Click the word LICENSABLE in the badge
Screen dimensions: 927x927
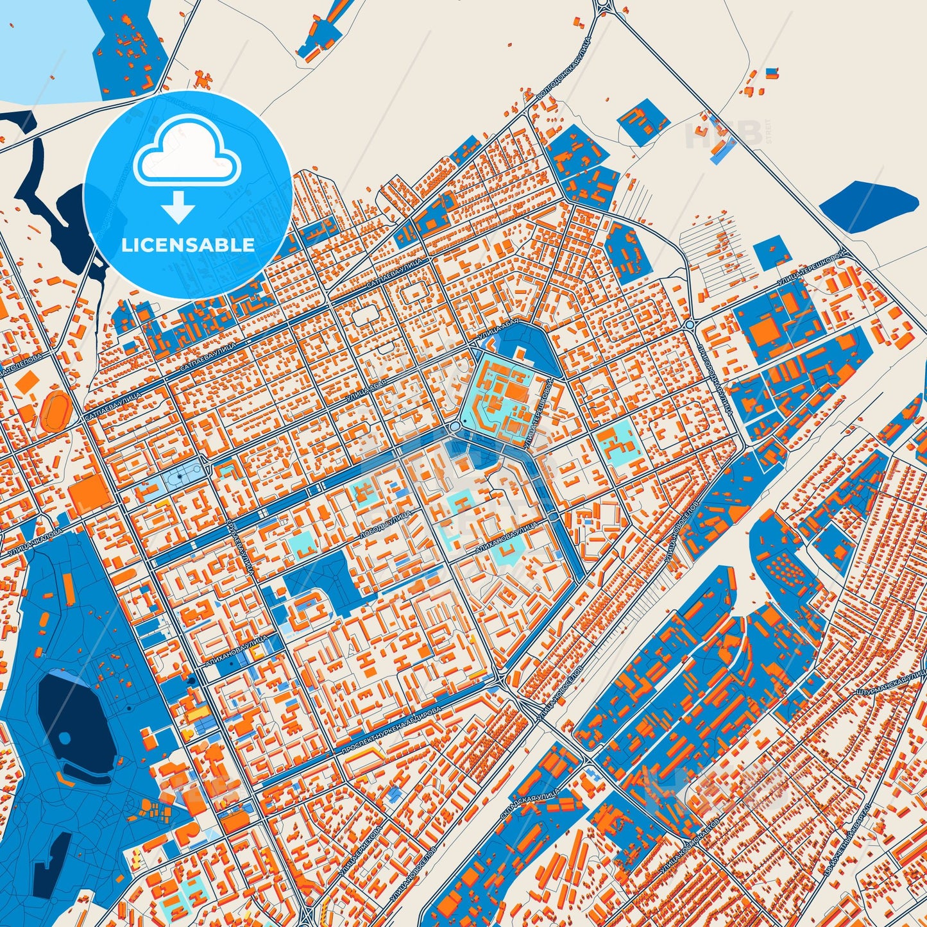pyautogui.click(x=187, y=245)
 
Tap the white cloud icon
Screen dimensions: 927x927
pyautogui.click(x=187, y=154)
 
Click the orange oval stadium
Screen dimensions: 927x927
pyautogui.click(x=56, y=411)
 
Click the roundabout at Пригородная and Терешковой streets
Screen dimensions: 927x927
pyautogui.click(x=690, y=325)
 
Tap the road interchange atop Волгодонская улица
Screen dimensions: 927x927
pyautogui.click(x=603, y=8)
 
